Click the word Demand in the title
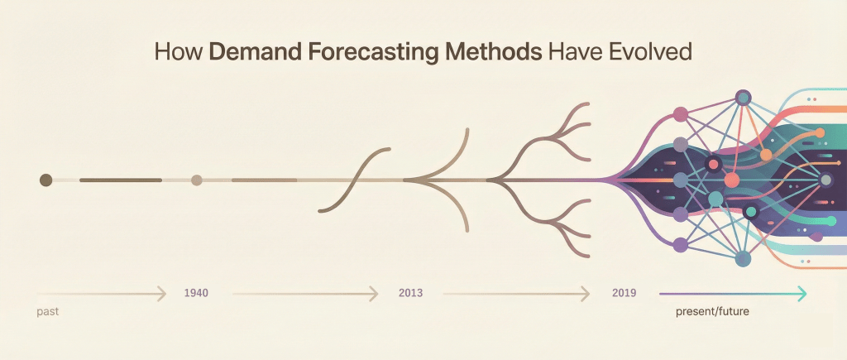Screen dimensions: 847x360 [254, 52]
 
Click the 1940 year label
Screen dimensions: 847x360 [196, 294]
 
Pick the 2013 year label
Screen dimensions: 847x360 [410, 294]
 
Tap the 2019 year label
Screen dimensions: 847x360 [624, 294]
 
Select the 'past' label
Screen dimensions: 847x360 [47, 313]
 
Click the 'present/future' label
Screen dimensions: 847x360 [712, 312]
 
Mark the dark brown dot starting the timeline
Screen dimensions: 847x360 [46, 180]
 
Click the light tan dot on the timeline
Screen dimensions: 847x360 [197, 180]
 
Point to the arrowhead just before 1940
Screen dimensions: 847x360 [161, 294]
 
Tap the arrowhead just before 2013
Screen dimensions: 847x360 [373, 294]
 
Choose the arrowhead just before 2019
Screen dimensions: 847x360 [585, 294]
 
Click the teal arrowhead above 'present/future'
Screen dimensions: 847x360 [802, 294]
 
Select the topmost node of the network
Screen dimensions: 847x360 [744, 98]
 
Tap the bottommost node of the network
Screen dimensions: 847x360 [743, 258]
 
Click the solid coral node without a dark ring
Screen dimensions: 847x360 [731, 180]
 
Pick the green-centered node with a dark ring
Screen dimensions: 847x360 [749, 213]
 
